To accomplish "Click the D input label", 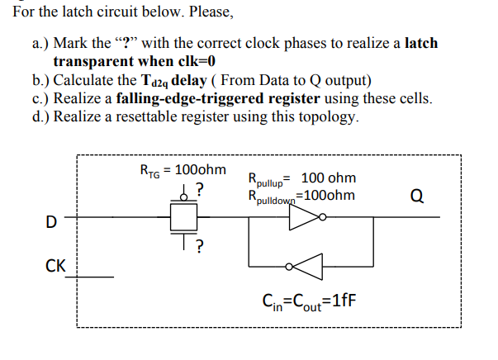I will point(51,222).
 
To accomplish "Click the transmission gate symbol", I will point(182,217).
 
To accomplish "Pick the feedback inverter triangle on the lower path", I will point(308,267).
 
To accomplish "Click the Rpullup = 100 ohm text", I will point(301,178).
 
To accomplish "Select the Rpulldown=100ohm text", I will point(301,197).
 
